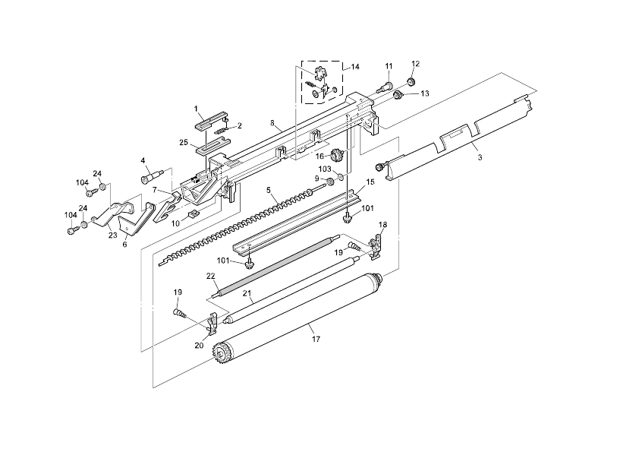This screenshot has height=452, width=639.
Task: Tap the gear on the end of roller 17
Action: pos(222,354)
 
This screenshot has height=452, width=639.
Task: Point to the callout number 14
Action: pos(355,68)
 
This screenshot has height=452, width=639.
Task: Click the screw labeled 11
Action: pos(385,87)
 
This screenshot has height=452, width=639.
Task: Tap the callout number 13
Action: pos(425,93)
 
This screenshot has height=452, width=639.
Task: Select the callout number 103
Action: pos(325,169)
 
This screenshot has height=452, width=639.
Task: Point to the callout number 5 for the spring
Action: pos(268,189)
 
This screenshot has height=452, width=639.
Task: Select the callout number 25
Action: pos(184,142)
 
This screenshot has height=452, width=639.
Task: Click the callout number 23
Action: pos(112,236)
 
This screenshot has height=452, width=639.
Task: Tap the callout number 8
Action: pos(272,122)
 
